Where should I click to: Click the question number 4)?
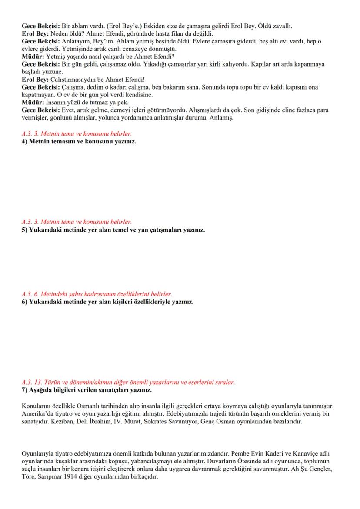click(x=24, y=142)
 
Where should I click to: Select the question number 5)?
click(x=24, y=230)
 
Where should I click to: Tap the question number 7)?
click(x=24, y=390)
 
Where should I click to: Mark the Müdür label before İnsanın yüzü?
click(x=31, y=102)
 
